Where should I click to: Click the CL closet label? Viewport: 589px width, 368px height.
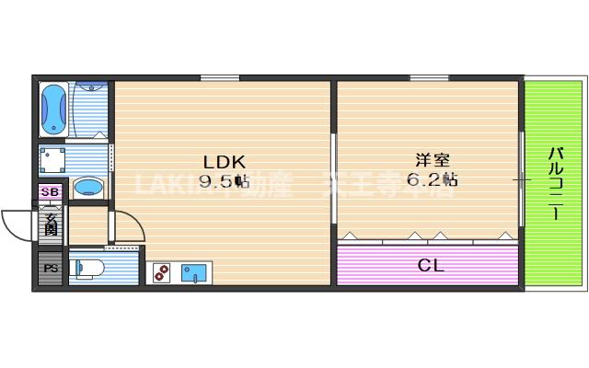[430, 266]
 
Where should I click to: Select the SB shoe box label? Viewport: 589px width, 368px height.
[51, 192]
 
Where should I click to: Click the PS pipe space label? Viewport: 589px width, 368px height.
[49, 270]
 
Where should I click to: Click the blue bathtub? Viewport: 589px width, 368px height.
[53, 109]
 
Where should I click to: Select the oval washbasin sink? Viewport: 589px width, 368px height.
[88, 188]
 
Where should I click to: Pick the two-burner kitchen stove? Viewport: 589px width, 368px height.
[161, 272]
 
